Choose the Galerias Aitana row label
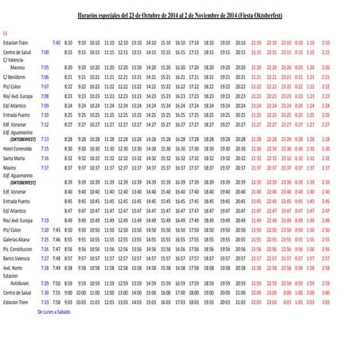click(17, 240)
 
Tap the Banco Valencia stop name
click(17, 259)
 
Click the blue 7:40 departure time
click(56, 42)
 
